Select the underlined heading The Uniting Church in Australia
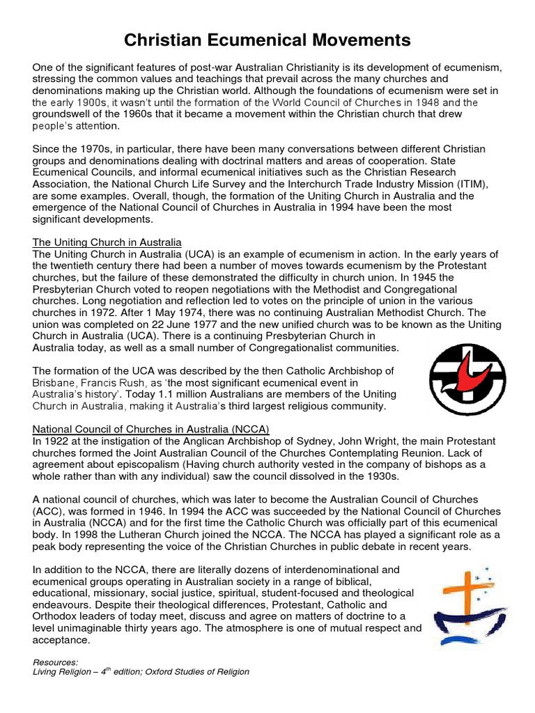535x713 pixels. pos(107,243)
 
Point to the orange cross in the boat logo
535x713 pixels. pos(460,586)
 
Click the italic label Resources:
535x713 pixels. pos(56,661)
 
